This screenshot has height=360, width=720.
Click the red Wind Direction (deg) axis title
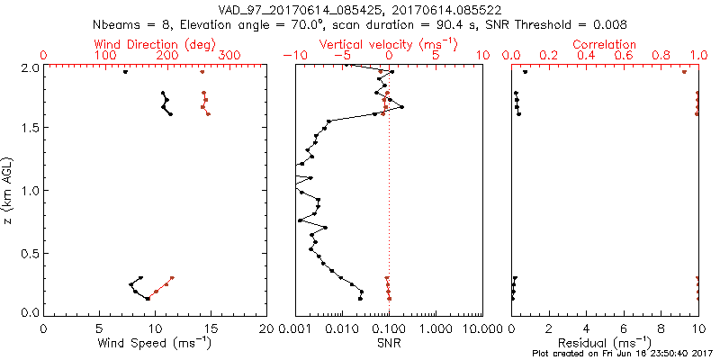click(156, 44)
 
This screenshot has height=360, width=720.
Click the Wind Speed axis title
click(156, 342)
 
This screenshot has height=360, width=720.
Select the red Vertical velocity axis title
click(389, 44)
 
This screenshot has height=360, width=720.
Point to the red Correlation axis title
click(605, 44)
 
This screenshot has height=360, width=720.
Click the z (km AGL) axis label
click(11, 190)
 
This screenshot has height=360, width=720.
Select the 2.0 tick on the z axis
click(31, 67)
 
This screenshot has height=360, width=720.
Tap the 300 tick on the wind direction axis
click(230, 56)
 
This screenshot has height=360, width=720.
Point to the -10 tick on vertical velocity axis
click(291, 56)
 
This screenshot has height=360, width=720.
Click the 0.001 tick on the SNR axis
click(295, 328)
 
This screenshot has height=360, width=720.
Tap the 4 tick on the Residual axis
click(586, 328)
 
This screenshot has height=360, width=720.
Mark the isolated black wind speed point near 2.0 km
click(125, 72)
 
